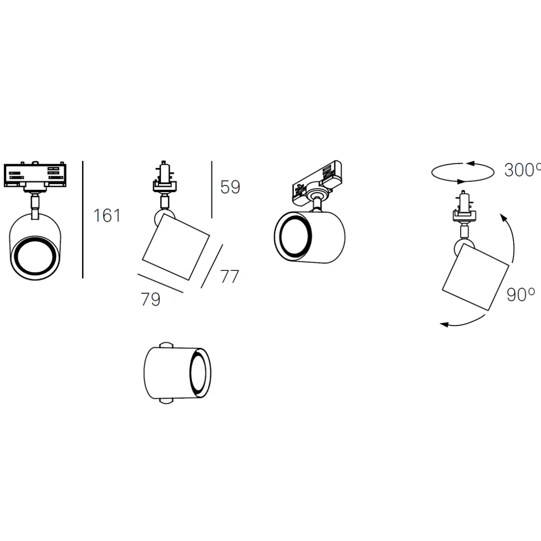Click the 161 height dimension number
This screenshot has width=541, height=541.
(107, 215)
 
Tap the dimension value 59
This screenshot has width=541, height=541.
(230, 187)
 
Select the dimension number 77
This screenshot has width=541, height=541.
(229, 277)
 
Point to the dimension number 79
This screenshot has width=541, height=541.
(151, 299)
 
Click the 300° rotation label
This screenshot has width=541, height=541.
(522, 170)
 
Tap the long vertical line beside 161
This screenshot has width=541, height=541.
(83, 220)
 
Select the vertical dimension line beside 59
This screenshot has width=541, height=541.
(212, 189)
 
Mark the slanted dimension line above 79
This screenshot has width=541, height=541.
(160, 283)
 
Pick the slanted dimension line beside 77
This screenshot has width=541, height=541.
(212, 266)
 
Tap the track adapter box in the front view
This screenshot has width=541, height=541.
(35, 175)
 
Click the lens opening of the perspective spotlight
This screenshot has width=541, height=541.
(294, 236)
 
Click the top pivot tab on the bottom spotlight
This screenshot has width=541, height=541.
(166, 346)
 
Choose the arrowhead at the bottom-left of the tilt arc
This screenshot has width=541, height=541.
(444, 324)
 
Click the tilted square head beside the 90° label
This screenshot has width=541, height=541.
(475, 277)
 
